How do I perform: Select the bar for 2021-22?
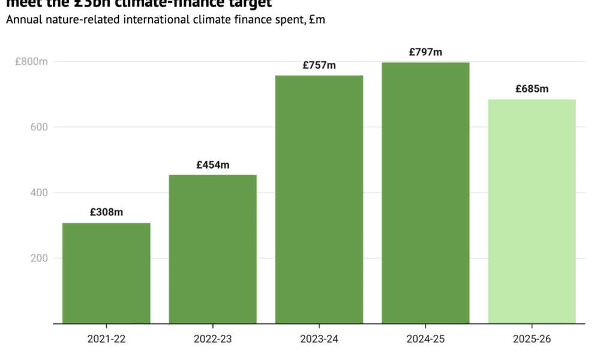tap(106, 273)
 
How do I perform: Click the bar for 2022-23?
tap(212, 249)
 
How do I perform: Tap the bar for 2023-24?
tap(319, 199)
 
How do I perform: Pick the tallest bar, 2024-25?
tap(425, 193)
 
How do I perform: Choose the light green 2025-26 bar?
tap(532, 211)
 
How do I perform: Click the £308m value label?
tap(106, 212)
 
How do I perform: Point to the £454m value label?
tap(212, 164)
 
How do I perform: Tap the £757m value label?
tap(319, 65)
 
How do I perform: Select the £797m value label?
tap(425, 52)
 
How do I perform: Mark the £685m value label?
tap(532, 89)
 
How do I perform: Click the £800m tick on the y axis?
tap(32, 61)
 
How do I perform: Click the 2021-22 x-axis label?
tap(106, 339)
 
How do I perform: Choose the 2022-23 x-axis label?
tap(212, 339)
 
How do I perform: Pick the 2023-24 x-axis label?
tap(319, 339)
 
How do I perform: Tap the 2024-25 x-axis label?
tap(425, 339)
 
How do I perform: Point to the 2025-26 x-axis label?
tap(532, 339)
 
